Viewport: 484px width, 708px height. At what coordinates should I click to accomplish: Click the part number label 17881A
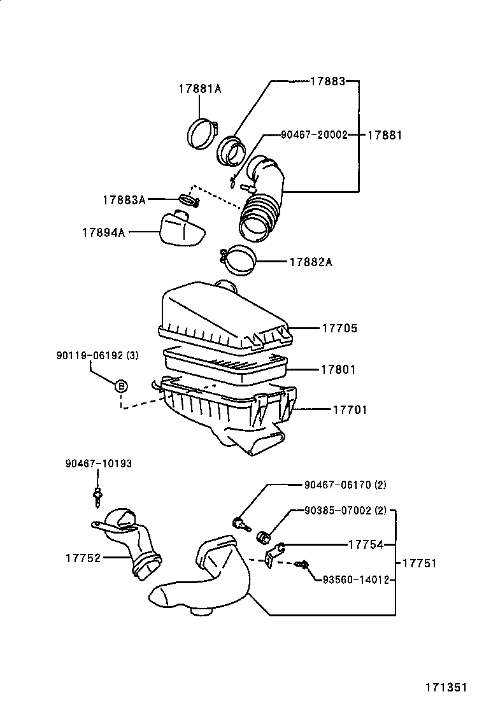[x=199, y=89]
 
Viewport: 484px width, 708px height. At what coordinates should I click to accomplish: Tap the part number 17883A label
[x=124, y=200]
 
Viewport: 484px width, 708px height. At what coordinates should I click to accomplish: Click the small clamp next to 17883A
[x=189, y=202]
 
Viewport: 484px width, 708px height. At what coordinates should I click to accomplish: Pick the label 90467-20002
[x=315, y=135]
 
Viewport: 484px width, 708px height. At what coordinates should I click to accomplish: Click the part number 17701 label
[x=349, y=409]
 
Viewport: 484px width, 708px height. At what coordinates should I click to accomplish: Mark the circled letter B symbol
[x=120, y=386]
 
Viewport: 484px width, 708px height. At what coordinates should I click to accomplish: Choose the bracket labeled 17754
[x=274, y=553]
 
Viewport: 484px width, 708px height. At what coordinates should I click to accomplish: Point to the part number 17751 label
[x=418, y=563]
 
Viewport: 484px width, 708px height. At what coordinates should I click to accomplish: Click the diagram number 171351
[x=446, y=688]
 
